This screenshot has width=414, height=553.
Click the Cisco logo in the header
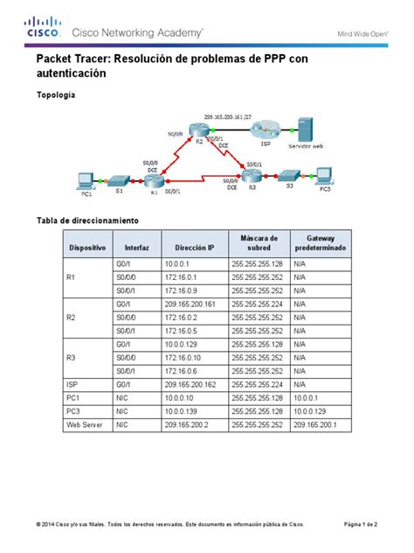point(42,28)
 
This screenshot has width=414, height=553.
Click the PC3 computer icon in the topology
point(324,174)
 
